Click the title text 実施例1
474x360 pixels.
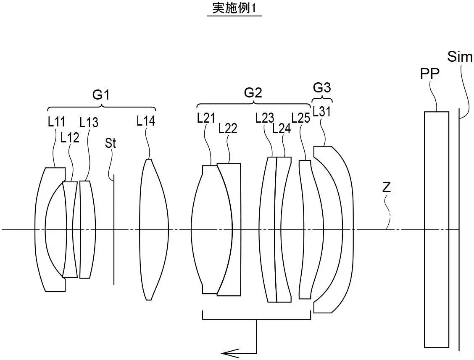point(234,9)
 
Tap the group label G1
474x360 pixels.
point(101,95)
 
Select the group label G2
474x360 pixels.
point(253,93)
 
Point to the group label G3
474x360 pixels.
point(322,88)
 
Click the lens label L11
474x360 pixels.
point(56,122)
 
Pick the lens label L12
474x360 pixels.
point(70,138)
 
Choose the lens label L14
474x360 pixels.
point(146,121)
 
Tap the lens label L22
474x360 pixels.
point(228,129)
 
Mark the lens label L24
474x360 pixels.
point(282,129)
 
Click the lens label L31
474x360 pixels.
point(321,112)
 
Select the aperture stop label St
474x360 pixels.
point(111,144)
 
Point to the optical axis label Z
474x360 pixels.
point(386,188)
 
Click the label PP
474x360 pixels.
point(429,74)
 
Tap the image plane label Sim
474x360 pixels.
point(460,57)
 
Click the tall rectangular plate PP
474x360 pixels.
point(436,229)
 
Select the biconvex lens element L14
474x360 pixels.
point(153,229)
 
